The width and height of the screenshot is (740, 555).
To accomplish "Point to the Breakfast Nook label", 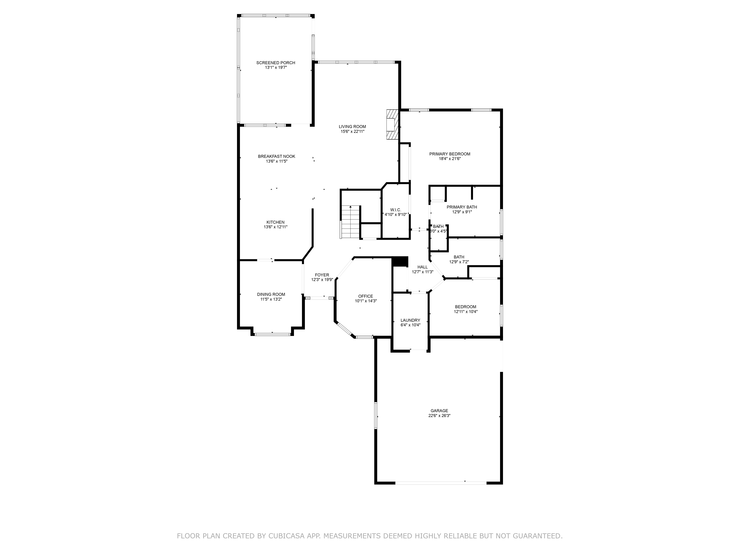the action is [x=276, y=156].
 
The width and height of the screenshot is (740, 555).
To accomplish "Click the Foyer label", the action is [x=322, y=275].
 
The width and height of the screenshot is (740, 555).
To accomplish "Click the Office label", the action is [x=365, y=296].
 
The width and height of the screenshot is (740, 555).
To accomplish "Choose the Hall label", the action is [x=423, y=267].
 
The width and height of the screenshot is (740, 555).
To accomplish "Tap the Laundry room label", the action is [x=410, y=320].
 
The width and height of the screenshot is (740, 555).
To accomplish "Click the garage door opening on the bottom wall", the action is [x=441, y=483].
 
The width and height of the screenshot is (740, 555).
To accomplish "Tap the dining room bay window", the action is [x=272, y=334].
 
